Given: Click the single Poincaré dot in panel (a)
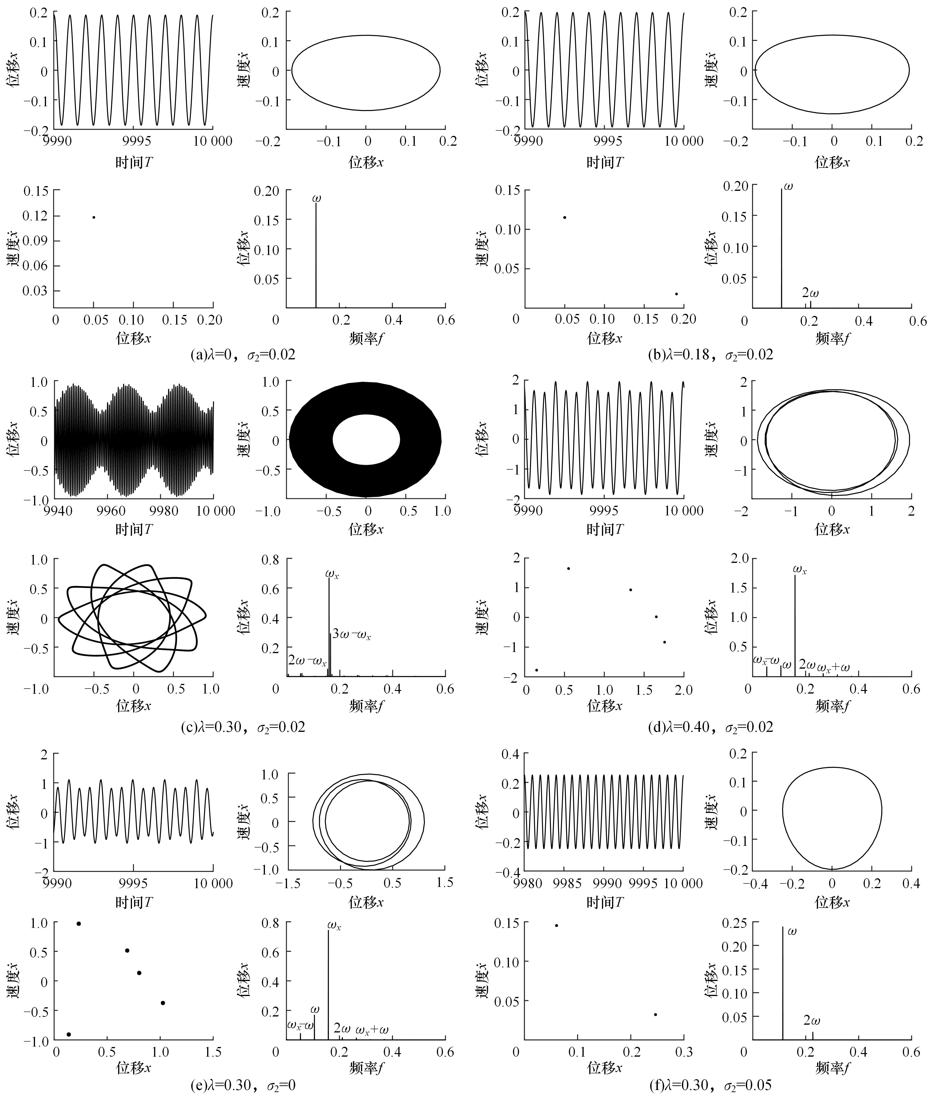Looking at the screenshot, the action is click(x=94, y=217).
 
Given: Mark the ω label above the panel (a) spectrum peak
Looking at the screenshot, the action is click(x=316, y=199).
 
